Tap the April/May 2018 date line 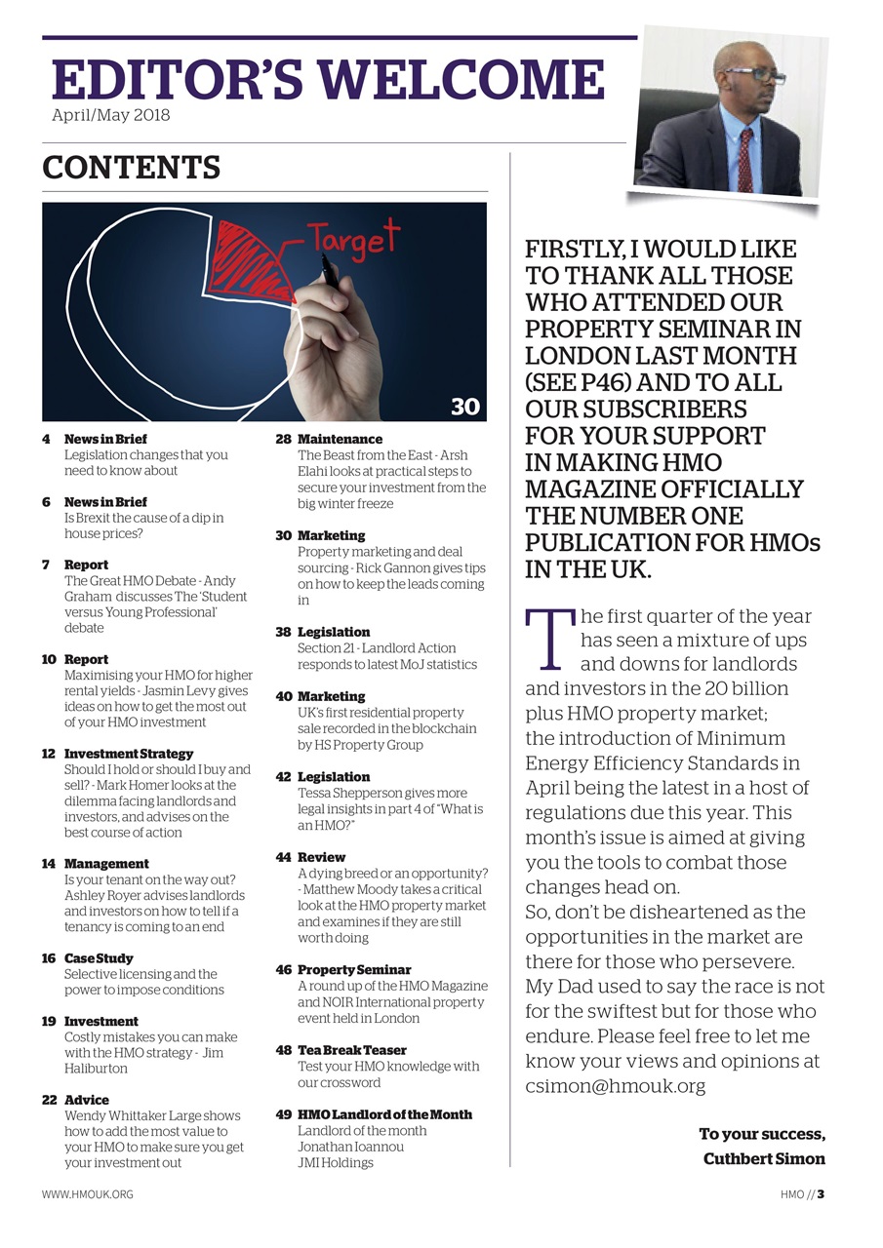click(x=110, y=116)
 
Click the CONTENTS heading click(x=131, y=168)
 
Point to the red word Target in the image click(x=352, y=238)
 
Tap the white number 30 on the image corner click(x=464, y=406)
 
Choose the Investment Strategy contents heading click(x=128, y=754)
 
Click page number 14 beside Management click(x=48, y=864)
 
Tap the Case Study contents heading click(x=99, y=958)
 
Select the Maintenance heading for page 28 click(x=340, y=440)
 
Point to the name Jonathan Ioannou click(x=350, y=1147)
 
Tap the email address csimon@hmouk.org click(x=615, y=1086)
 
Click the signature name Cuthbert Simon click(x=763, y=1159)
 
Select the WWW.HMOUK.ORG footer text click(x=87, y=1194)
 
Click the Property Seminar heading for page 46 click(x=354, y=970)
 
